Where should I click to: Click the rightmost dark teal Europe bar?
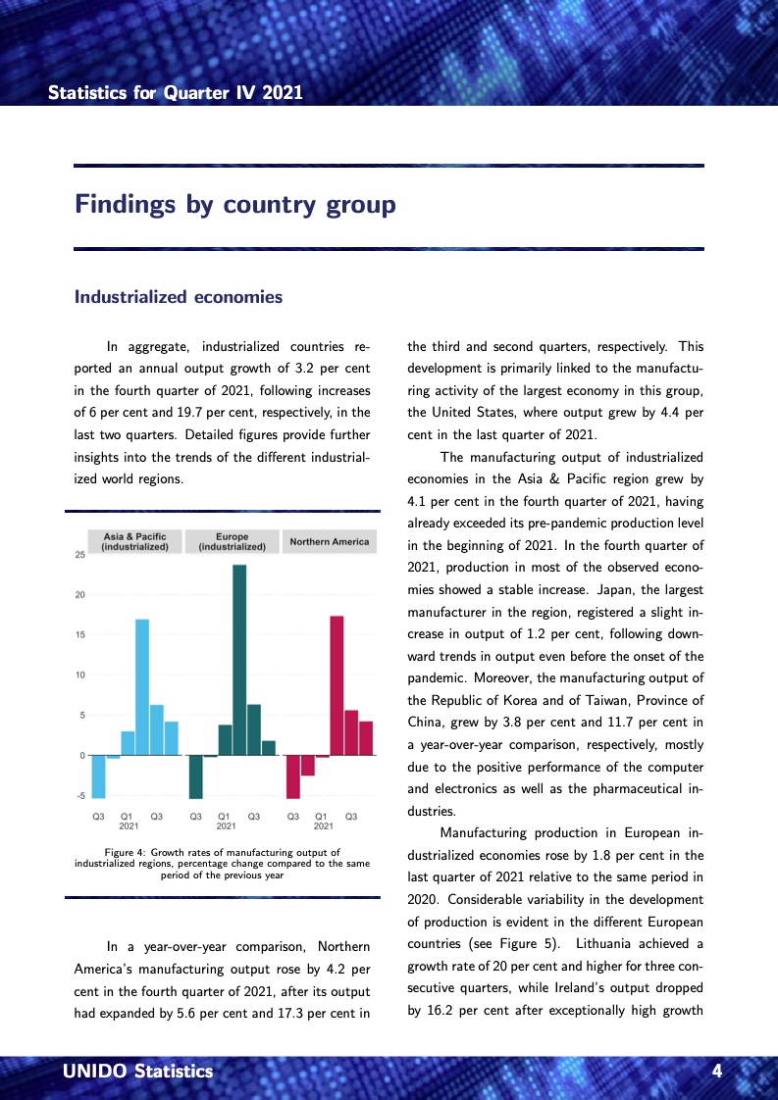pos(269,748)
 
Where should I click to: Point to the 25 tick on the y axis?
pos(79,555)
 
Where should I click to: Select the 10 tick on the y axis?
pos(79,675)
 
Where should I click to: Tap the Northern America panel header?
pos(330,542)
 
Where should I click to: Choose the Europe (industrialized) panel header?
pos(233,542)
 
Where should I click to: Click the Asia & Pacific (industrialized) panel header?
pos(135,542)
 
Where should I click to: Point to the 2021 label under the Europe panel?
pos(226,826)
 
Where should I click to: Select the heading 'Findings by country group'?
pos(235,205)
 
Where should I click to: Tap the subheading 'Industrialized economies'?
pos(179,297)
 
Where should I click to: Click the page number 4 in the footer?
pos(717,1072)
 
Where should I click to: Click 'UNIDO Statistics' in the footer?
pos(137,1072)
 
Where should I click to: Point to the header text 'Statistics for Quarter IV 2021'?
pos(176,93)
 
